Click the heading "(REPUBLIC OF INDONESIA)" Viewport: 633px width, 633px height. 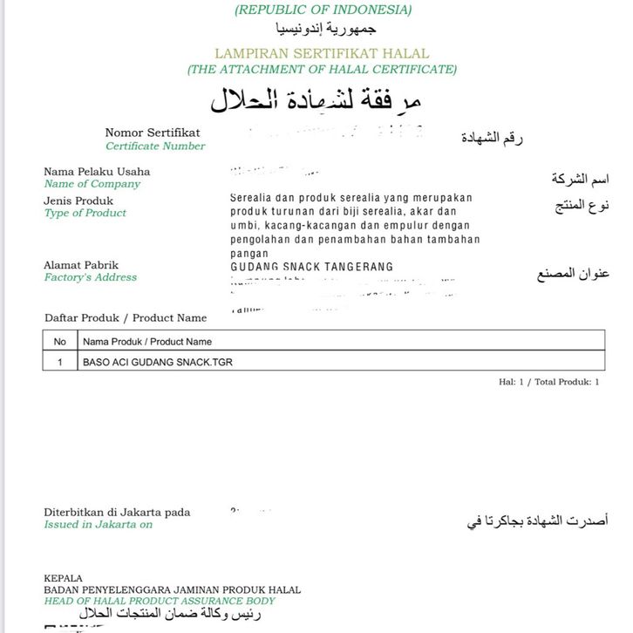[323, 10]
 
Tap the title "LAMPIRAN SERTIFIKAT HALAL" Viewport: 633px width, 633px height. [322, 53]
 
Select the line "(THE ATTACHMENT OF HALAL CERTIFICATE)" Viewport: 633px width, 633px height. [322, 69]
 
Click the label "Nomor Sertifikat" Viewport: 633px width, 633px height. [153, 133]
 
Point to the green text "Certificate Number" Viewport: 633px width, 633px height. [155, 146]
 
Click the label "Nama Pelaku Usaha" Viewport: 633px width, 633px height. [97, 171]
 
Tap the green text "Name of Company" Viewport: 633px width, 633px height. [92, 184]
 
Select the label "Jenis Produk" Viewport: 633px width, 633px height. [78, 201]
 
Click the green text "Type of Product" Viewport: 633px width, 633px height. [85, 213]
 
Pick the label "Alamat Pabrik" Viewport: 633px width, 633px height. [81, 265]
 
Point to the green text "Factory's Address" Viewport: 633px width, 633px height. [91, 277]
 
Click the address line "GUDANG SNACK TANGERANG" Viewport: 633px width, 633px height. [311, 267]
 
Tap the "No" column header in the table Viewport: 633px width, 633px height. [60, 341]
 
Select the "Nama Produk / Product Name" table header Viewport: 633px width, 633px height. [147, 341]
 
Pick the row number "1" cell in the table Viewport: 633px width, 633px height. [60, 361]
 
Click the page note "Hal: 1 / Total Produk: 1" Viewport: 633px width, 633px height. [548, 382]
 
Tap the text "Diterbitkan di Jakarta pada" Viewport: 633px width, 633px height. [117, 512]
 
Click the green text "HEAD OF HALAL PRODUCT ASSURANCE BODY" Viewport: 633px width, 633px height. [160, 601]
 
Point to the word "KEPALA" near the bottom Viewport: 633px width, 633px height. [63, 578]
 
